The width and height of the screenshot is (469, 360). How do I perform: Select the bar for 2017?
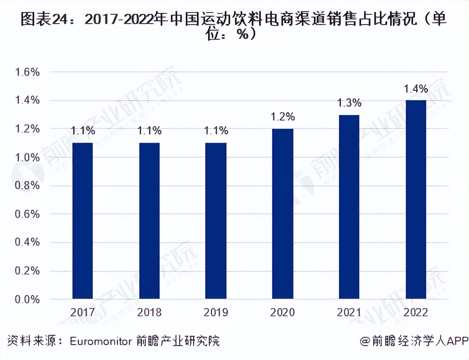(83, 220)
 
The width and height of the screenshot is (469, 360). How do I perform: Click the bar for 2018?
(149, 220)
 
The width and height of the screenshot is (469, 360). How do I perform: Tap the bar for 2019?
(216, 220)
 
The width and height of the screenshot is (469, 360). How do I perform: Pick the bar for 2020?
(283, 213)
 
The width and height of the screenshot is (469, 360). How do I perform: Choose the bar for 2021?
(349, 206)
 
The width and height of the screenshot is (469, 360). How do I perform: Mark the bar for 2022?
(416, 199)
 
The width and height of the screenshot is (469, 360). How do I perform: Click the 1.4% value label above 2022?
(416, 89)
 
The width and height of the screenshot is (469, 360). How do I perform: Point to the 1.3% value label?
(349, 103)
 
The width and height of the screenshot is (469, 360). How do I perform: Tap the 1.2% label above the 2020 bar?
(283, 117)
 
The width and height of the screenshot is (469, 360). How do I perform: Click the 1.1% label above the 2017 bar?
(83, 131)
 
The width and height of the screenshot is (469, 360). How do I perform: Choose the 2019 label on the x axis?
(216, 312)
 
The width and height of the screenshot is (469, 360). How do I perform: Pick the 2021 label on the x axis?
(349, 312)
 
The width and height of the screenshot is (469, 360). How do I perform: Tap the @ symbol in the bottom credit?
(365, 341)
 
